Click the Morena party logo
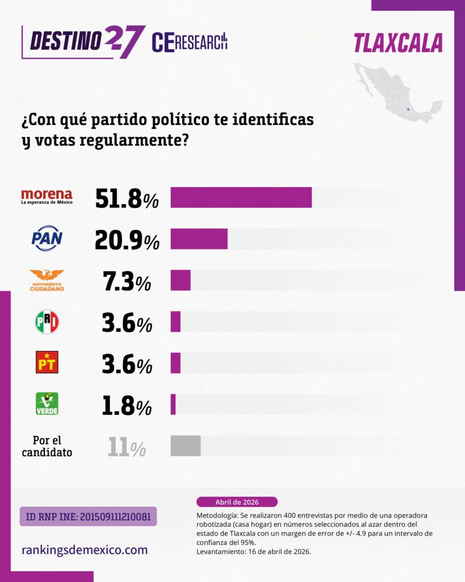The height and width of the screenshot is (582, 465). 47,197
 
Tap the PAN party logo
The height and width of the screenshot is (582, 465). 47,238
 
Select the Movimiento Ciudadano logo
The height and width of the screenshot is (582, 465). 47,280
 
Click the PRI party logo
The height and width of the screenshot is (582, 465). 47,322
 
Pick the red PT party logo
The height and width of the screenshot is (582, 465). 47,363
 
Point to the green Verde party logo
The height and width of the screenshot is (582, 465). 47,404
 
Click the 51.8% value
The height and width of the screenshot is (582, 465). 127,198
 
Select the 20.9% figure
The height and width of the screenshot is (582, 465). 127,239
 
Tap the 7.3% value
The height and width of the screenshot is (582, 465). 127,281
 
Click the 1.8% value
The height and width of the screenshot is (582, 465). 127,406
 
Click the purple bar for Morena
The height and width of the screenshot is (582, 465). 241,197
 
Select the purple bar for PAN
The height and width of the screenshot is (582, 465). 199,239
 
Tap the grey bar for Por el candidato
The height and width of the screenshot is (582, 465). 186,446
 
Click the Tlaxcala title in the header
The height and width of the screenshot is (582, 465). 397,43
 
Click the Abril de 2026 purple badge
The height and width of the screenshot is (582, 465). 237,502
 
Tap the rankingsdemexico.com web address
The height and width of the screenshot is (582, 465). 85,550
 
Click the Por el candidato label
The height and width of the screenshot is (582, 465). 47,446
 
